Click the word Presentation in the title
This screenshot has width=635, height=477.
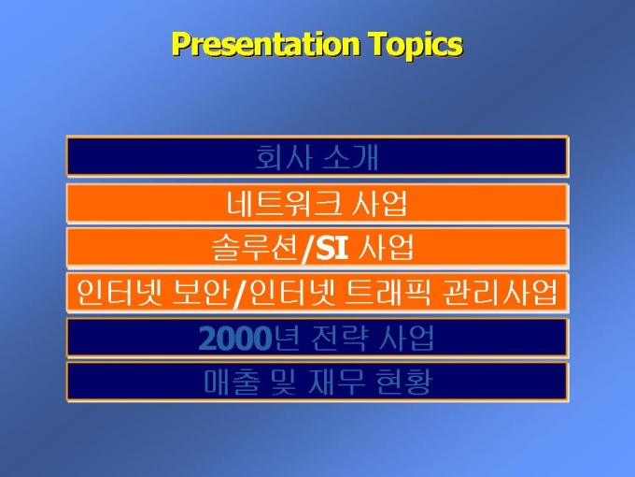266,44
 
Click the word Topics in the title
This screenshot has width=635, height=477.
416,46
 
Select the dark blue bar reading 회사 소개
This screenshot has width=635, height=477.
317,156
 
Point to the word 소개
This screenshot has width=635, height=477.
351,157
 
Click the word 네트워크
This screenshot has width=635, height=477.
284,202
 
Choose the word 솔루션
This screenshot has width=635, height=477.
256,248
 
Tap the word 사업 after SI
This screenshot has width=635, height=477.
387,248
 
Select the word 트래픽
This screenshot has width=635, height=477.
388,293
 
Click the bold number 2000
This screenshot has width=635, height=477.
235,339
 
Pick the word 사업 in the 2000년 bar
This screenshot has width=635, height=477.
407,339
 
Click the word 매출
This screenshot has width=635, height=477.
232,382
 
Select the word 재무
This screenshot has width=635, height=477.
336,382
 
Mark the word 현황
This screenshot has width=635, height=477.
403,382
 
